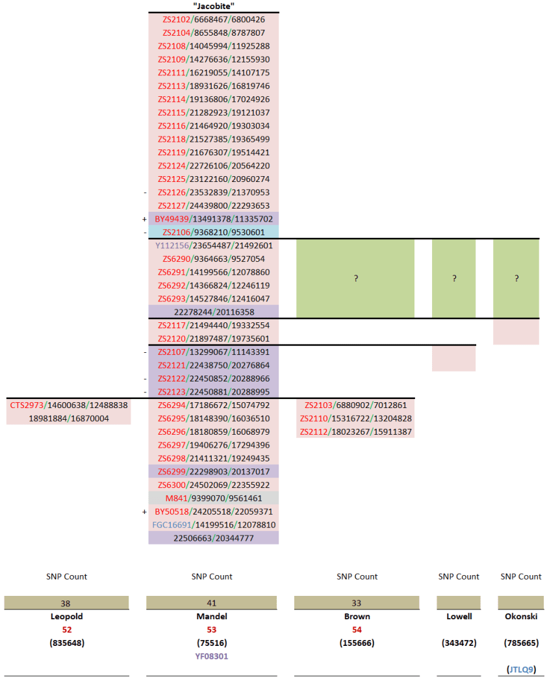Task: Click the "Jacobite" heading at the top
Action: coord(214,6)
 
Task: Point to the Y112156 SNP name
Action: coord(172,246)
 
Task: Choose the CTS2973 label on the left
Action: coord(25,405)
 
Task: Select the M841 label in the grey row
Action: coord(176,498)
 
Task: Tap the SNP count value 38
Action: coord(66,603)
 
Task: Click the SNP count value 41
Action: coord(212,603)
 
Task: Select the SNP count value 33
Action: coord(357,603)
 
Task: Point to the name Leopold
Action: coord(66,617)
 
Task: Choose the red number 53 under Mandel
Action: coord(212,630)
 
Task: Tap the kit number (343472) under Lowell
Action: coord(459,643)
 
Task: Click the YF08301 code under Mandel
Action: coord(212,656)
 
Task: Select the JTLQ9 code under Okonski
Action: coord(521,669)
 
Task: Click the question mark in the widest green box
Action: coord(356,278)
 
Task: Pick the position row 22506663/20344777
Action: coord(213,538)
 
